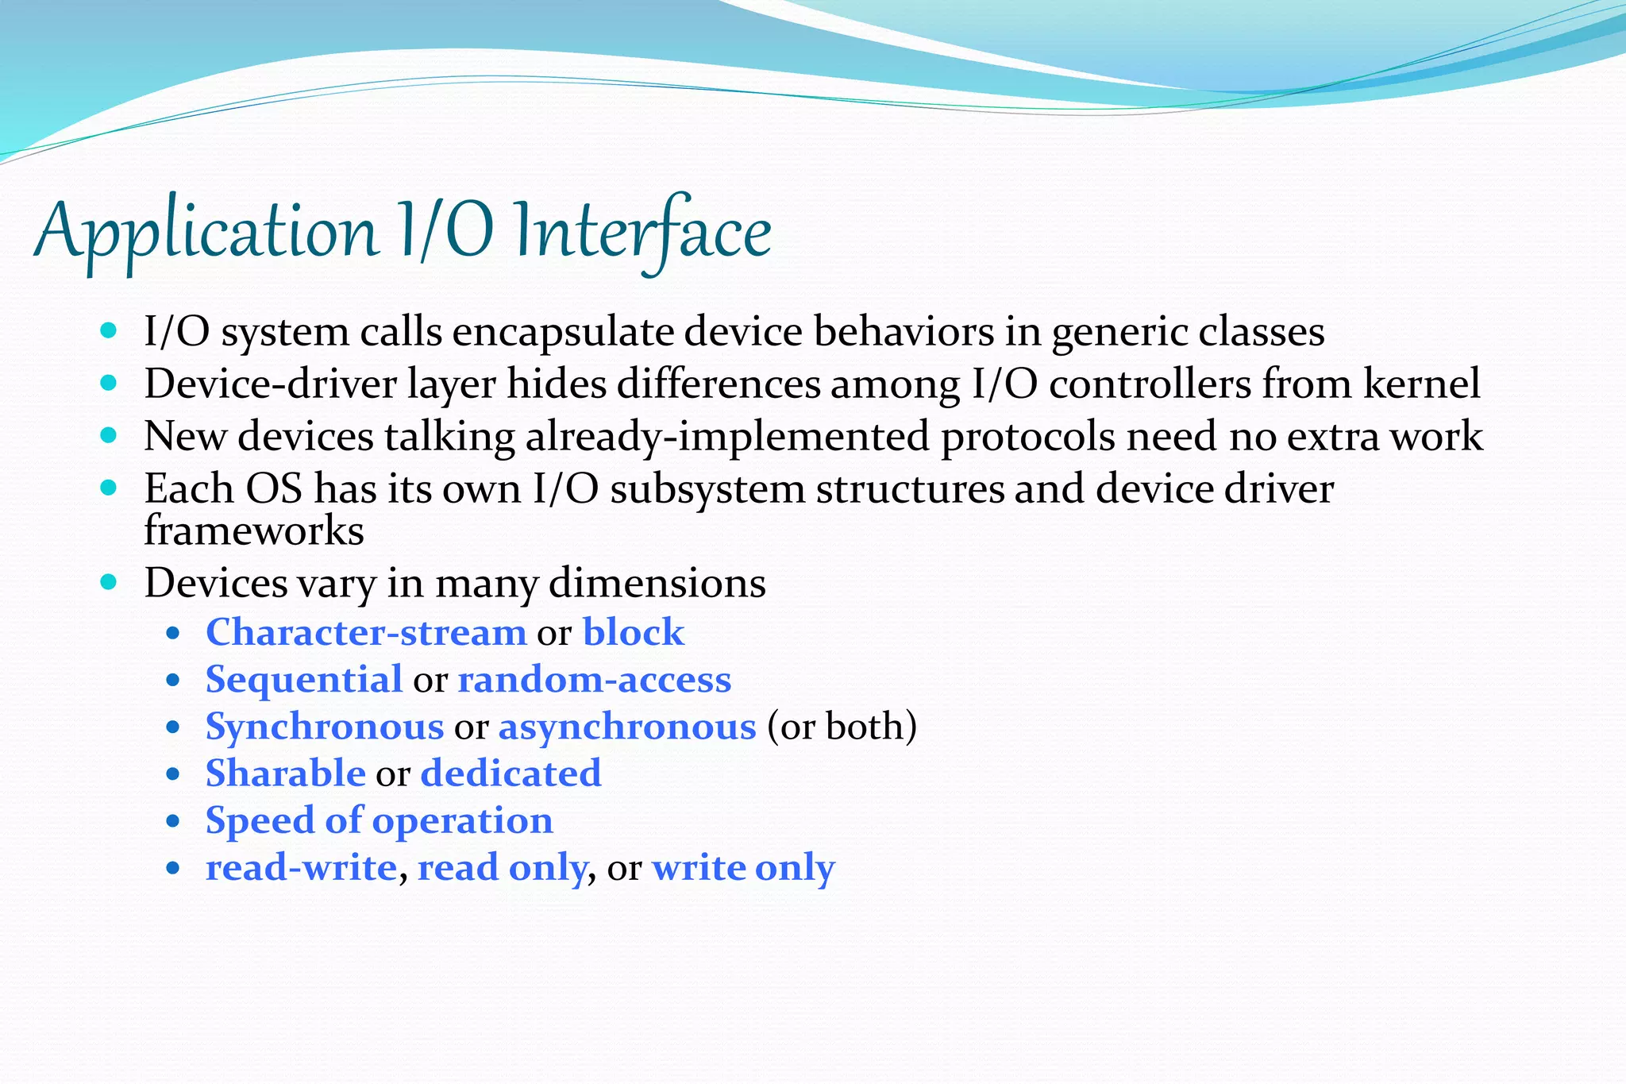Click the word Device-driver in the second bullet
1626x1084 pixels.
coord(270,384)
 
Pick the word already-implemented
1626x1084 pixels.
coord(727,438)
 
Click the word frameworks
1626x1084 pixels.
coord(254,530)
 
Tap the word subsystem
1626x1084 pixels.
coord(707,489)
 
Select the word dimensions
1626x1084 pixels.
coord(657,584)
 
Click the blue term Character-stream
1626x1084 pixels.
coord(366,633)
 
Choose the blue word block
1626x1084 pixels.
coord(633,633)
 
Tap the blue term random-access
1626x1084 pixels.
coord(595,680)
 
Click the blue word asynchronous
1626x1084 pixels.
coord(627,727)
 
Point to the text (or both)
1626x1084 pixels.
coord(842,727)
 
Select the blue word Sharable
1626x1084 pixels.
coord(285,773)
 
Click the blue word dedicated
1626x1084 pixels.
coord(511,773)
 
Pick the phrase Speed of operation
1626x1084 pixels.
coord(380,820)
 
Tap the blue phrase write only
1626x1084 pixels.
coord(743,867)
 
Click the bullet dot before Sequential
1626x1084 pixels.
coord(174,681)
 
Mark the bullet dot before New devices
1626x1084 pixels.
coord(110,435)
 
